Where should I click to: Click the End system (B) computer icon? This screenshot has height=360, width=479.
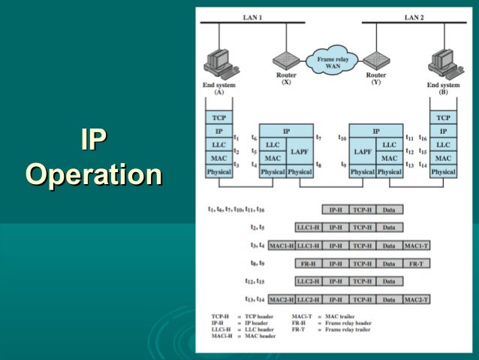point(442,62)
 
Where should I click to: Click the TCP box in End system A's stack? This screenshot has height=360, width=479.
point(218,117)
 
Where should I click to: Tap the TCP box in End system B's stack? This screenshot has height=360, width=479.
point(443,117)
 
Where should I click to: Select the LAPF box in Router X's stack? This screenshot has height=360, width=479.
point(300,151)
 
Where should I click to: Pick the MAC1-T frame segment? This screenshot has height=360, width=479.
point(417,245)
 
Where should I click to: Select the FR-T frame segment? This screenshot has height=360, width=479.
point(417,264)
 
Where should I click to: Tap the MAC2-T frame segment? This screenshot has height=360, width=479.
point(417,300)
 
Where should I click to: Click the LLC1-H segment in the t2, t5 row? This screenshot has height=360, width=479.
point(308,227)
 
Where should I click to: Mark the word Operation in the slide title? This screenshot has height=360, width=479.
point(93,175)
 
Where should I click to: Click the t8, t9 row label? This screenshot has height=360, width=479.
point(256,264)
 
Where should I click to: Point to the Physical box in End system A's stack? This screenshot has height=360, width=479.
point(218,172)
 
